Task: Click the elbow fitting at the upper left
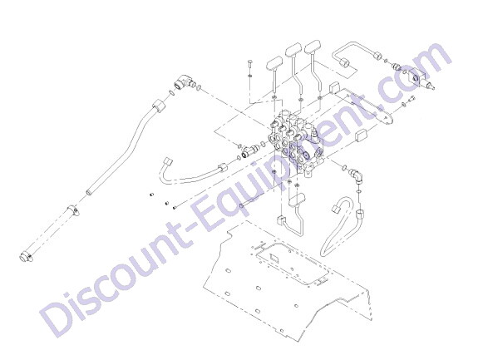[x=183, y=81]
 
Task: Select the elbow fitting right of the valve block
[x=357, y=175]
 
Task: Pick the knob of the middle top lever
[x=293, y=50]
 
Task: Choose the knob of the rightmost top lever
[x=313, y=47]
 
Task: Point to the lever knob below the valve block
[x=297, y=200]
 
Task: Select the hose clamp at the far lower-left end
[x=26, y=257]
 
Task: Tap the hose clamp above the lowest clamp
[x=73, y=210]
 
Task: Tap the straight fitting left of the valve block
[x=249, y=150]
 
